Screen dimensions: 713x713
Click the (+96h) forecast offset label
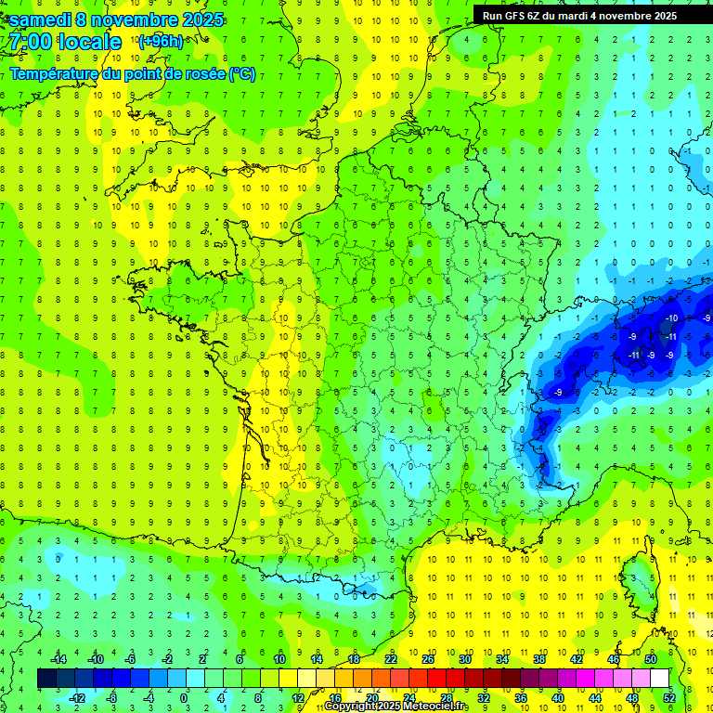(160, 42)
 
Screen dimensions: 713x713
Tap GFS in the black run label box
(519, 16)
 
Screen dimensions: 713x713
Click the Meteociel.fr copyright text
(396, 707)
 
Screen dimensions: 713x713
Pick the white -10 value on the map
(671, 318)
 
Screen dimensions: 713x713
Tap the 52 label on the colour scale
(669, 698)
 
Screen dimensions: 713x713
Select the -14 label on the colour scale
(58, 659)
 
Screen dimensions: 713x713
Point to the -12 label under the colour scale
(77, 698)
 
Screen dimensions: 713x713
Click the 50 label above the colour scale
(651, 659)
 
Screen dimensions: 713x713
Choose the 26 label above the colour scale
(428, 659)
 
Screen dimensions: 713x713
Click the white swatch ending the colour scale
(660, 679)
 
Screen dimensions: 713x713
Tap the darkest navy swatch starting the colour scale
(47, 679)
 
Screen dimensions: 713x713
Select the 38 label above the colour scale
(539, 659)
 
